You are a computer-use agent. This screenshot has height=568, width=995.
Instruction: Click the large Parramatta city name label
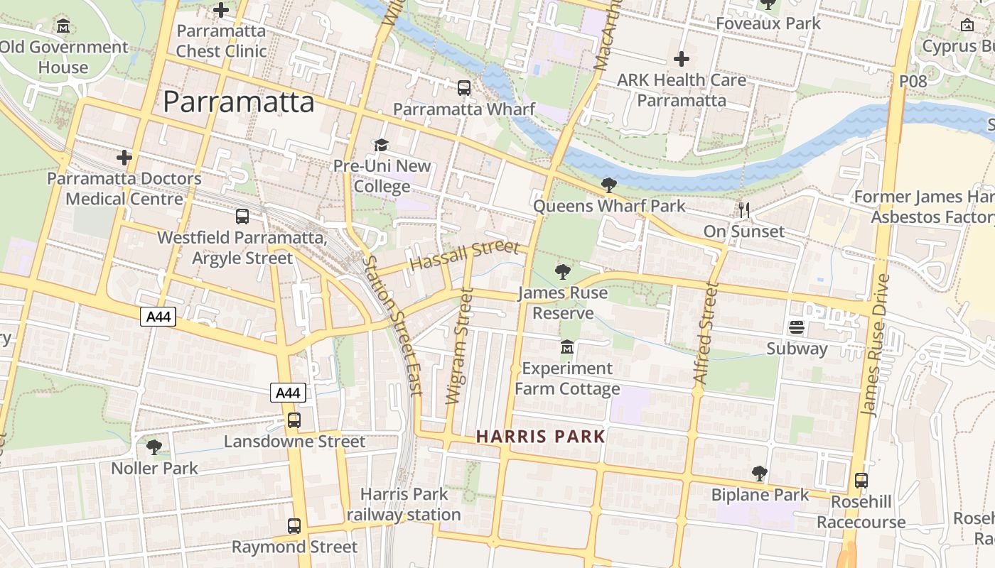(238, 102)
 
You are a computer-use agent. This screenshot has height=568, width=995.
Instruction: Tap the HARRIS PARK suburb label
(540, 437)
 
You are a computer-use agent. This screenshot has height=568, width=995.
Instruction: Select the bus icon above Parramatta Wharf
(464, 88)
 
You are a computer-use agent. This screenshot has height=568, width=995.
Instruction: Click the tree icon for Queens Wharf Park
(608, 185)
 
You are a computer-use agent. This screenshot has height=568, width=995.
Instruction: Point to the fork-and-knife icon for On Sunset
(744, 209)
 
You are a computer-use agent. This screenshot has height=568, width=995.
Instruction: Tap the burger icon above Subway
(796, 327)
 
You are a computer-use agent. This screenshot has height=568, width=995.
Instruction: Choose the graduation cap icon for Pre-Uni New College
(382, 145)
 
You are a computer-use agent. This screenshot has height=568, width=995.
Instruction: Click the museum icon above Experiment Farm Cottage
(567, 347)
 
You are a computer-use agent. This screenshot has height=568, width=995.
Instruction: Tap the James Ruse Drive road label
(875, 344)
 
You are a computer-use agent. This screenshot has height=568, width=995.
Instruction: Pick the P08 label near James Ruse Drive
(913, 81)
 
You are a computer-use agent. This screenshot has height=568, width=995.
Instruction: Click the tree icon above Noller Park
(154, 447)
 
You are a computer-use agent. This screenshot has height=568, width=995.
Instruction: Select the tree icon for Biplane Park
(759, 474)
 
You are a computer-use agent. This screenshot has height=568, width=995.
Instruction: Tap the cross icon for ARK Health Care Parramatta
(681, 58)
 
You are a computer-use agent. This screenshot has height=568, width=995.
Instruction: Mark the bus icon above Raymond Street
(294, 526)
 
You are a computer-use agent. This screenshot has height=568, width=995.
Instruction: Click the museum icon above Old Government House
(63, 26)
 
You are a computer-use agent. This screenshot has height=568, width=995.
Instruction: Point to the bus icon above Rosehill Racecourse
(861, 481)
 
